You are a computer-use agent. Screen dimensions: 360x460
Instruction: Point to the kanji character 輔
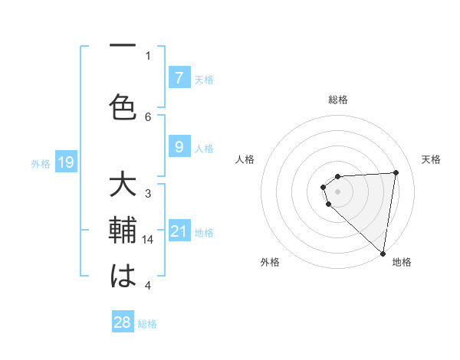coord(123,231)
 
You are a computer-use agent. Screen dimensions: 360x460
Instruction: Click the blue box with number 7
coord(179,77)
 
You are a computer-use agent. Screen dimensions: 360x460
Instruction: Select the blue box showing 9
coord(179,147)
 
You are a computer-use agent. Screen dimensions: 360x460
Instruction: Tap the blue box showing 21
coord(179,231)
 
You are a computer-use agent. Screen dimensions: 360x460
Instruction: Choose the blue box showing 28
coord(123,322)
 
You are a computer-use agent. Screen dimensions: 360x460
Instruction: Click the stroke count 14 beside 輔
coord(149,240)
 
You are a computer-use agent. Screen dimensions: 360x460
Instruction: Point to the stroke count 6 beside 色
coord(149,116)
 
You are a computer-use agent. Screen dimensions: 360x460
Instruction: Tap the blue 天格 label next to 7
coord(204,79)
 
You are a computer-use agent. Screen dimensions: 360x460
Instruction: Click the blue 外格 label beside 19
coord(40,163)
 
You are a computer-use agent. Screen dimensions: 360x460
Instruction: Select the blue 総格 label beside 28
coord(147,324)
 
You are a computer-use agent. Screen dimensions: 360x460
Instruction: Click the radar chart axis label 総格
coord(338,100)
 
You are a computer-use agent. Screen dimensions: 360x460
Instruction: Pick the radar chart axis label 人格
coord(245,159)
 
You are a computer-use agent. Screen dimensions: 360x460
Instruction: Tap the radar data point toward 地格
coord(383,253)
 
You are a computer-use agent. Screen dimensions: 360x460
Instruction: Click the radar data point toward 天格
coord(396,172)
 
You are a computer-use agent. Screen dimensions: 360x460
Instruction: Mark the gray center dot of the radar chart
coord(337,190)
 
